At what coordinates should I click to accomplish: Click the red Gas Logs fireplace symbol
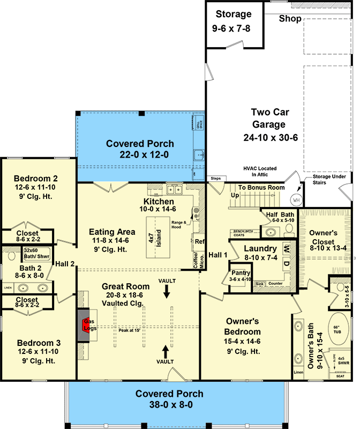[85, 324]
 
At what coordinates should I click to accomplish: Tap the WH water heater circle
[296, 199]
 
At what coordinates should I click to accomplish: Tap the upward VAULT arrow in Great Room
[165, 352]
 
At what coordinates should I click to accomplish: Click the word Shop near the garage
[290, 19]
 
